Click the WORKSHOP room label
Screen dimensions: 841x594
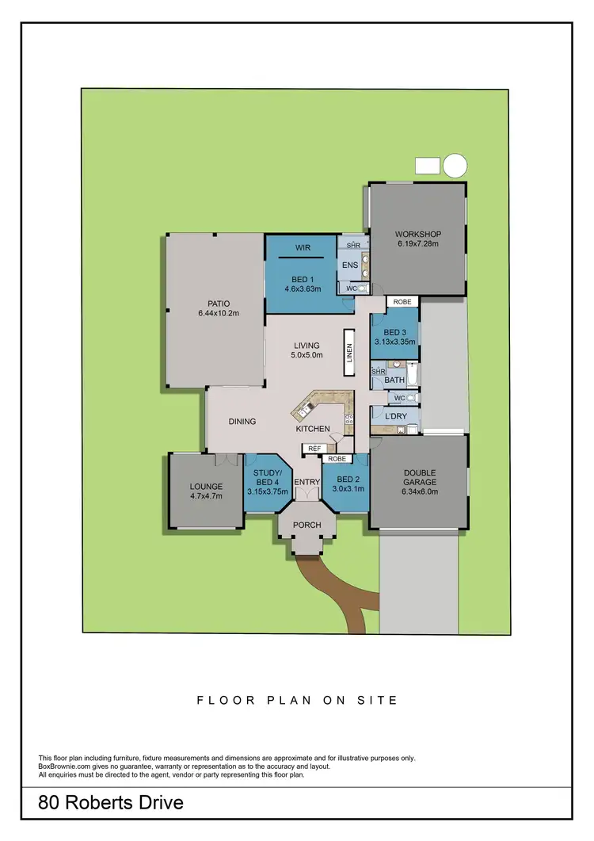coord(417,234)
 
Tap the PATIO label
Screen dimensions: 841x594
coord(213,303)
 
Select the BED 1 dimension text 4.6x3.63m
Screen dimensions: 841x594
coord(301,289)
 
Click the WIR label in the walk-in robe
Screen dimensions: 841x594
coord(301,247)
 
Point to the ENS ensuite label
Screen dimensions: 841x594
coord(351,266)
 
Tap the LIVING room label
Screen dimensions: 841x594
coord(307,346)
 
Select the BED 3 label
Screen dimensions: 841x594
coord(395,332)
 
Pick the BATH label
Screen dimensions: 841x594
coord(394,380)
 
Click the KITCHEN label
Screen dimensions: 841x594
coord(313,429)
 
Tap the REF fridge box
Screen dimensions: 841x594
coord(314,449)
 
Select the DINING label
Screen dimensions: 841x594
coord(242,422)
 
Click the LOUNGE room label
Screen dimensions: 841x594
coord(205,487)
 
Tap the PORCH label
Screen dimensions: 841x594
coord(306,525)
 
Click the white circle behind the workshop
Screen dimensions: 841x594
coord(455,166)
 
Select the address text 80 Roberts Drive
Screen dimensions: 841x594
coord(111,803)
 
